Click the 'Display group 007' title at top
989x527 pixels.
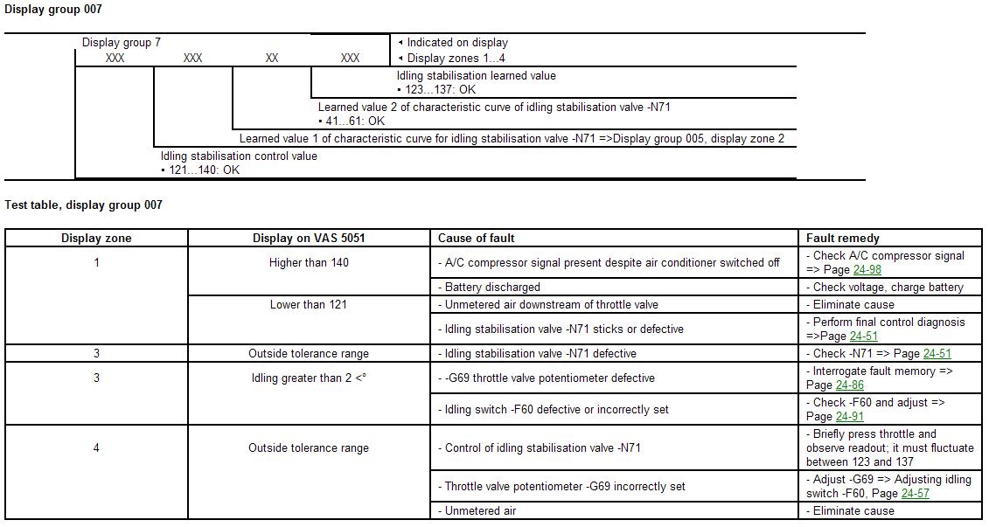tap(53, 10)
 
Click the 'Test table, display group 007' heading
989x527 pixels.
tap(84, 205)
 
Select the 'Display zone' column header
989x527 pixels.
tap(96, 238)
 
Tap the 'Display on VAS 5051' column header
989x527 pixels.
tap(309, 238)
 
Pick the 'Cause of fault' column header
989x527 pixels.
tap(477, 238)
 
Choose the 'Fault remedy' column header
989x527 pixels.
tap(843, 238)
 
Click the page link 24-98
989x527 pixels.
tap(867, 270)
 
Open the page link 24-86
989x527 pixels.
tap(849, 385)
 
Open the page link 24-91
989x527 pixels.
tap(849, 417)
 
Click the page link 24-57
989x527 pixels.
tap(915, 494)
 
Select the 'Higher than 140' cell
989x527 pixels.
tap(309, 262)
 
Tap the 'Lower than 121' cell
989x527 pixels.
tap(309, 304)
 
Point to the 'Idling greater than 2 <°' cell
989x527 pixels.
tap(309, 378)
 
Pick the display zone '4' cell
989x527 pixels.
tap(96, 447)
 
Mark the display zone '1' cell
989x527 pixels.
tap(96, 262)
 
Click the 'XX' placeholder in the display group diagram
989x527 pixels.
tap(272, 58)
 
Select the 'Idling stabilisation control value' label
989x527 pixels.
tap(239, 156)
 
